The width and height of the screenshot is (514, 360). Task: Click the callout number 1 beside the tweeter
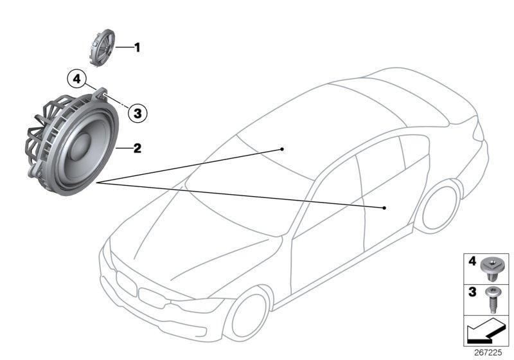pos(137,48)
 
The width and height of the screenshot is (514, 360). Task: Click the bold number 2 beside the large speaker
pos(137,148)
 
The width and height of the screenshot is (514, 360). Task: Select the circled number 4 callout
pos(76,79)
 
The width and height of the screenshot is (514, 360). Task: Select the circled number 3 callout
pos(137,113)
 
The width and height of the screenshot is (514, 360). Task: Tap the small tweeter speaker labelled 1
pos(102,48)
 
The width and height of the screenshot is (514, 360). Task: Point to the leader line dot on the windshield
pos(282,149)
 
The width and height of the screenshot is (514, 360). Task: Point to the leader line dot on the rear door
pos(384,208)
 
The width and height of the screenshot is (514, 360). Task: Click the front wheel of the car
pos(249,315)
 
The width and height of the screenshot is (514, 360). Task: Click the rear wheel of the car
pos(439,207)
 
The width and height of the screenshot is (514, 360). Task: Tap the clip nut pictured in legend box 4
pos(490,269)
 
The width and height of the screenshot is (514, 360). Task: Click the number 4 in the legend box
pos(472,261)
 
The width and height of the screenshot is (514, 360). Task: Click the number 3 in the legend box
pos(472,292)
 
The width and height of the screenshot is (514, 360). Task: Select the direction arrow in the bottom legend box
pos(486,330)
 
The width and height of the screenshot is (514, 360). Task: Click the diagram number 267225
pos(488,353)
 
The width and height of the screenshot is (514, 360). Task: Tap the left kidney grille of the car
pos(126,284)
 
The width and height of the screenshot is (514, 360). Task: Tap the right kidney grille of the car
pos(152,298)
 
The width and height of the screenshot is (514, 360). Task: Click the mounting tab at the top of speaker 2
pos(102,93)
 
